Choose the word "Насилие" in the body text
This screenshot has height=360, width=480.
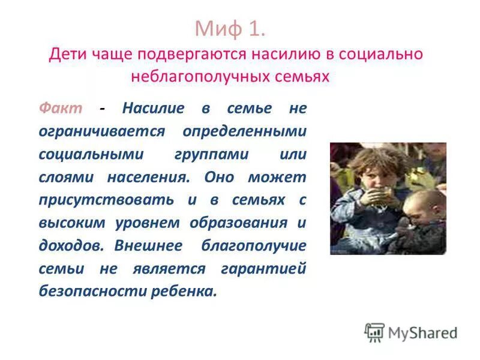click(x=154, y=109)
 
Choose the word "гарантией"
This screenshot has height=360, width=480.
click(x=264, y=268)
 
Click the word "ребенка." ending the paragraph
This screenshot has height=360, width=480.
click(x=184, y=291)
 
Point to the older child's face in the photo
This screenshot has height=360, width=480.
click(x=367, y=174)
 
